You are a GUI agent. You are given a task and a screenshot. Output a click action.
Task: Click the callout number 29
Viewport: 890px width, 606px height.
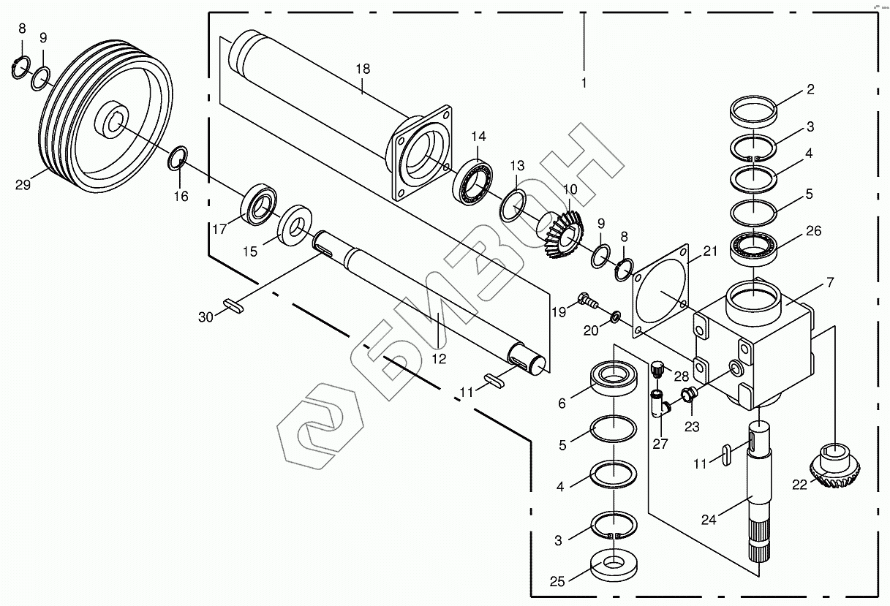(x=23, y=185)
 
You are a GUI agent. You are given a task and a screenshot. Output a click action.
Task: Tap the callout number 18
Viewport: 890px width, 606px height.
(x=363, y=69)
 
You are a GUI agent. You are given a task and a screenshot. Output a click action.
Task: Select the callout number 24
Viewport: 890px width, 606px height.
(x=709, y=520)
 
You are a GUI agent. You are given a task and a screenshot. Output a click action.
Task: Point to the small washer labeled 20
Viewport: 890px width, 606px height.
(x=616, y=317)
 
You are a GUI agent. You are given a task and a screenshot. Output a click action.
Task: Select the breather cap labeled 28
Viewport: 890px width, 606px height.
(x=657, y=368)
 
